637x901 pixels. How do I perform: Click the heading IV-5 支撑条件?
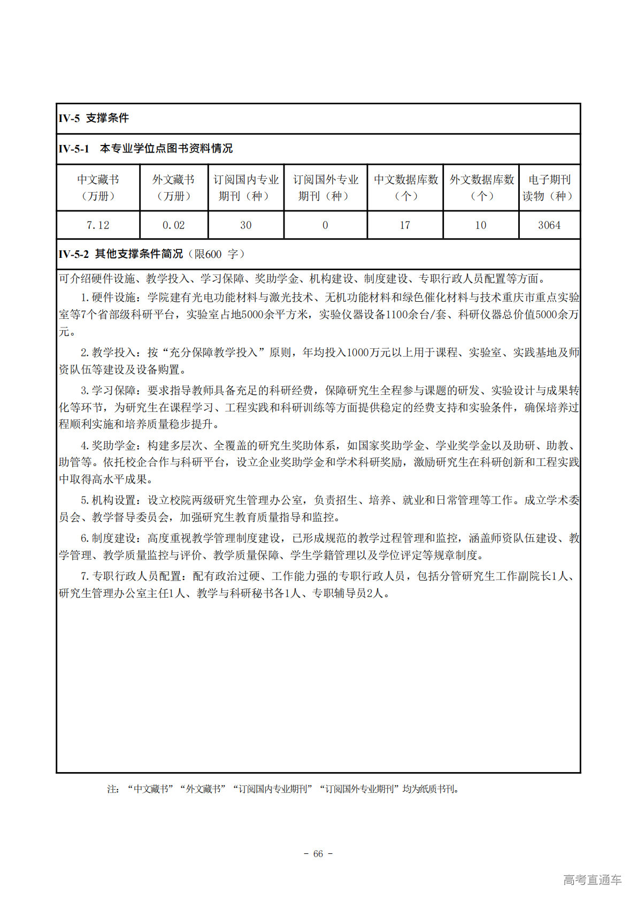[94, 118]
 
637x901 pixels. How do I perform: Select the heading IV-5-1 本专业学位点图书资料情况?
[145, 149]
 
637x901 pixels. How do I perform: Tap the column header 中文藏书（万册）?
[98, 188]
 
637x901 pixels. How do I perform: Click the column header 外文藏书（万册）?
[173, 188]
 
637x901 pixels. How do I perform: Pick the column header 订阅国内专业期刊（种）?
[246, 188]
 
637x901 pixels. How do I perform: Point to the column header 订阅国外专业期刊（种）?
[325, 188]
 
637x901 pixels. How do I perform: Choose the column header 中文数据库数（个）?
[405, 188]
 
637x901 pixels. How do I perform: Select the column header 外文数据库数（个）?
[481, 188]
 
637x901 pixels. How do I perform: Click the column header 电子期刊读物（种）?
[549, 188]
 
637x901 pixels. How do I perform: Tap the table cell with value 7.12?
[98, 225]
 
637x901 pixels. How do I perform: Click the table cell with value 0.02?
[173, 225]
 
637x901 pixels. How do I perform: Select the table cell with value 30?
[246, 225]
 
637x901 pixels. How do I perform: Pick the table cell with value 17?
[405, 225]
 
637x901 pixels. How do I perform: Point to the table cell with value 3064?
[549, 225]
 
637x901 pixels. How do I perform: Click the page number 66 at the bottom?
[318, 854]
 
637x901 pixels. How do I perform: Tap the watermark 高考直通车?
[592, 880]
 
